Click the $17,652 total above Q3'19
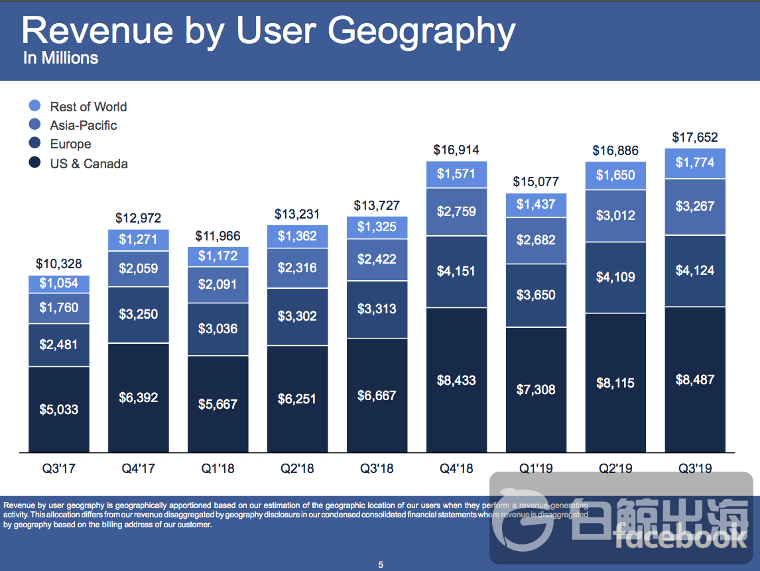[694, 137]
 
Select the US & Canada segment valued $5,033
[58, 409]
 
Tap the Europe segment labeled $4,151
[456, 271]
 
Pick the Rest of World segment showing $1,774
[694, 163]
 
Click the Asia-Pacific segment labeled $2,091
[218, 285]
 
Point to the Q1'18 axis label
[218, 468]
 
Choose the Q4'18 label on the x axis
[456, 468]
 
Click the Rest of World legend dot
[35, 106]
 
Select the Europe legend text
[70, 144]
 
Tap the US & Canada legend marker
[35, 163]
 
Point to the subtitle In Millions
[60, 58]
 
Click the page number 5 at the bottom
[381, 564]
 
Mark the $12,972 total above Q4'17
[138, 218]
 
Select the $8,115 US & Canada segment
[615, 383]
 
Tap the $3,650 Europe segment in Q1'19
[536, 295]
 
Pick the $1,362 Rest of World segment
[297, 236]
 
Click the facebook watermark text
[680, 538]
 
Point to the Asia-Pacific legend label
[84, 125]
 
